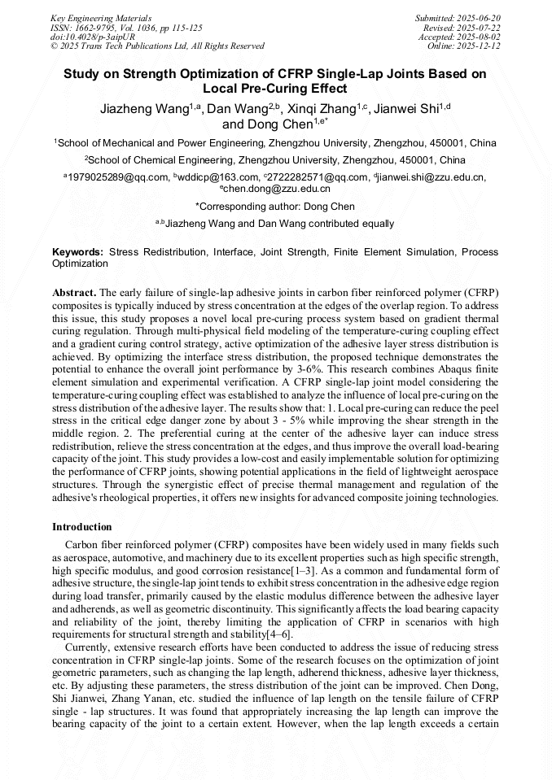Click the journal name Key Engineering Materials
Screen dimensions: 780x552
100,17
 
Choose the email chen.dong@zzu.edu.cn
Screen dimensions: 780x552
278,189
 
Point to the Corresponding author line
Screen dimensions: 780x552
276,207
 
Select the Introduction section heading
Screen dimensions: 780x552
82,527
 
